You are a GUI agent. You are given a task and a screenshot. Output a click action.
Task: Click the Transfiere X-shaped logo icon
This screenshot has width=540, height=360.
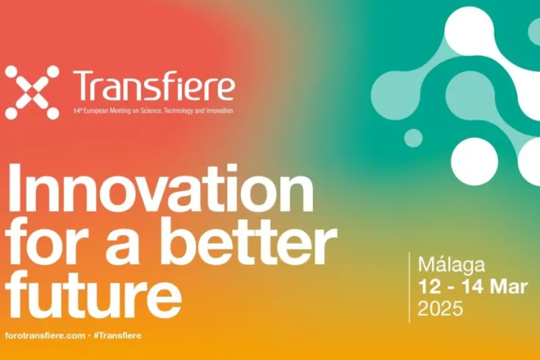[x=32, y=93]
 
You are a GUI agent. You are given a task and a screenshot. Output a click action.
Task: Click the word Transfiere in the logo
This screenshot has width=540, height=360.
[x=154, y=87]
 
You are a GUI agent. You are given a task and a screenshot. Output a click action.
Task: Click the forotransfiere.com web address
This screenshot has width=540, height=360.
[x=45, y=335]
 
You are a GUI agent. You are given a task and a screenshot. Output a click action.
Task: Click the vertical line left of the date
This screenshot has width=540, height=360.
[x=410, y=287]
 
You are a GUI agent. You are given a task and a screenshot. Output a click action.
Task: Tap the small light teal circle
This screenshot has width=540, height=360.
[x=414, y=137]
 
